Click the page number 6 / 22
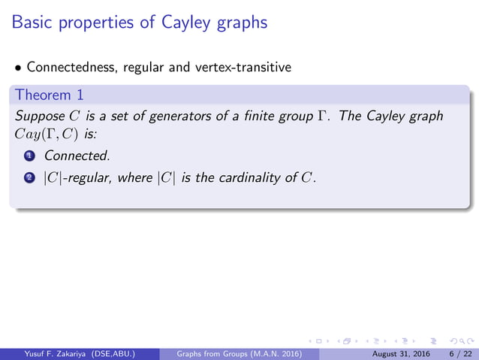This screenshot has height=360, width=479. [454, 352]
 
